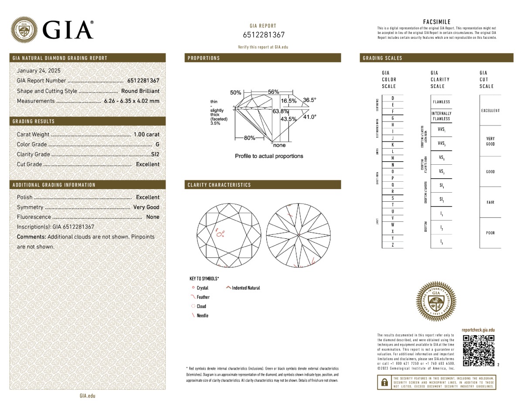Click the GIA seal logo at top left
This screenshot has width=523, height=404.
coord(24,29)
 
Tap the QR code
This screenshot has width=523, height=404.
coord(479,351)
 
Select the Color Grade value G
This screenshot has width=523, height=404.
coord(157,145)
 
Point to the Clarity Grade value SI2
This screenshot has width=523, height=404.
coord(155,154)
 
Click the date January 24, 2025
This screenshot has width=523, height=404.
coord(38,71)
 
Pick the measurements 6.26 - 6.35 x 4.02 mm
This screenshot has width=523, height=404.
coord(132,101)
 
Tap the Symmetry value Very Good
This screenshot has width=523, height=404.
coord(146,207)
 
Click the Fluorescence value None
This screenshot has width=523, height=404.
coord(153,217)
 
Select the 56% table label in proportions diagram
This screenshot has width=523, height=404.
coord(273,92)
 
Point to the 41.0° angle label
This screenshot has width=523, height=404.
coord(309,117)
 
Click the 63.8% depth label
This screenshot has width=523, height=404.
coord(280,112)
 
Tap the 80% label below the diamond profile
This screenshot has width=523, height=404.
coord(250,138)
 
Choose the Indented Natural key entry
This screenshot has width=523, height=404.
coord(246,288)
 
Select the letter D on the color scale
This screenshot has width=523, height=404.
coord(393,98)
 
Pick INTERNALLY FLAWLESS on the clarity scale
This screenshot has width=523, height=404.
coord(441,116)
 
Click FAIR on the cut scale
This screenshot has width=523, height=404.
coord(490,202)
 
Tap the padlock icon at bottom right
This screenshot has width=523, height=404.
coord(384,383)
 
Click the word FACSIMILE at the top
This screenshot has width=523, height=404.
coord(437,22)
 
